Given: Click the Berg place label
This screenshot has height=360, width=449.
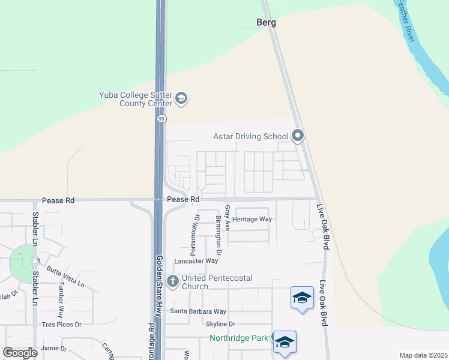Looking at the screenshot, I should (267, 23).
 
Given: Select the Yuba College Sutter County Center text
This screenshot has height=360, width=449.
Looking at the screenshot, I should (136, 98).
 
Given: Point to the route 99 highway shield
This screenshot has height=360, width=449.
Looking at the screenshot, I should (161, 119).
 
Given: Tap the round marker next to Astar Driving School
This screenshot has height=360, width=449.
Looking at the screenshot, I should (298, 136).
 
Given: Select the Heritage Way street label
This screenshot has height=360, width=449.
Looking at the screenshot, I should (252, 219).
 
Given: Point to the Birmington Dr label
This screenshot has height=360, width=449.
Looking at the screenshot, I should (218, 235).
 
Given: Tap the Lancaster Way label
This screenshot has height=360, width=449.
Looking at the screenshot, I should (196, 261).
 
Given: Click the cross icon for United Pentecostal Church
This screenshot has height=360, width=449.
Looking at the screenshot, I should (173, 280).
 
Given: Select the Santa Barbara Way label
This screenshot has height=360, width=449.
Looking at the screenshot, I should (198, 311).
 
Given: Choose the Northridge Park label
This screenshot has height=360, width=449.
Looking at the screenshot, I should (238, 338).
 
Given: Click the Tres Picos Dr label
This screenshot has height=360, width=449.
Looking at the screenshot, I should (61, 325).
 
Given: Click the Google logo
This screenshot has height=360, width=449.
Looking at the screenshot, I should (20, 353).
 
